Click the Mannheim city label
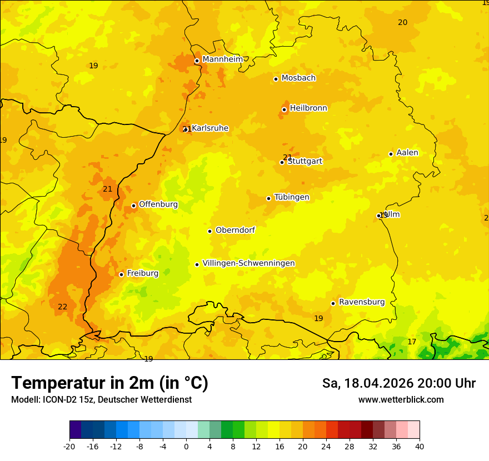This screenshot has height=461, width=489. pos(222,59)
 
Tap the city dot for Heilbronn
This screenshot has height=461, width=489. pos(284,109)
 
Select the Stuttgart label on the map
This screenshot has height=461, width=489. pos(305,162)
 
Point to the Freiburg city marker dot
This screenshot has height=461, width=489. pos(121,274)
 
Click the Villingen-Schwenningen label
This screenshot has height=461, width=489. pos(248,263)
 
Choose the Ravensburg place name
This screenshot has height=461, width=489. pos(362,302)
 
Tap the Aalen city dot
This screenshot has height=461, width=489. pos(391,154)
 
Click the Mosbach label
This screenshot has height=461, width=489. pos(298,78)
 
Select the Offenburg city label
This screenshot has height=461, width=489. pos(158,204)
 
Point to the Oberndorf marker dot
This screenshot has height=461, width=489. pos(209,231)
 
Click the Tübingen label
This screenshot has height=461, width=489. pos(292,197)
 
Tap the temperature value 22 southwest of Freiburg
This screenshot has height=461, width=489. pos(63,307)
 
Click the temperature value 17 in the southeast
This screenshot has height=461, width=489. pos(412,342)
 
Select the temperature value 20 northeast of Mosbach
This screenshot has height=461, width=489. pos(402,22)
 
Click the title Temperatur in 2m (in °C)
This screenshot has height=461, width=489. pos(109,383)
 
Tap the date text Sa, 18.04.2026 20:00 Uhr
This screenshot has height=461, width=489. pos(398,383)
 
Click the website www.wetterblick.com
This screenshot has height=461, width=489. pos(401,400)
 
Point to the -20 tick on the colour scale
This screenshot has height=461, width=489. pos(69,446)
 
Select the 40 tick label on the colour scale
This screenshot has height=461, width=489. pos(420,446)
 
